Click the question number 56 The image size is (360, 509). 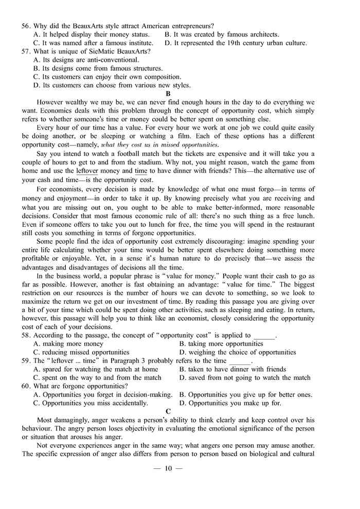point(26,26)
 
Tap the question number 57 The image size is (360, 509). point(26,51)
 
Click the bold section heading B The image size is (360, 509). point(168,94)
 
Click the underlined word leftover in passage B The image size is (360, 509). point(87,170)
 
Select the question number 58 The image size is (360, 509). point(26,335)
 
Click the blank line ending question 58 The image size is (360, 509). point(265,337)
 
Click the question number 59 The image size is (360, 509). point(26,360)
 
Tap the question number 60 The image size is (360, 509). point(26,386)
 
